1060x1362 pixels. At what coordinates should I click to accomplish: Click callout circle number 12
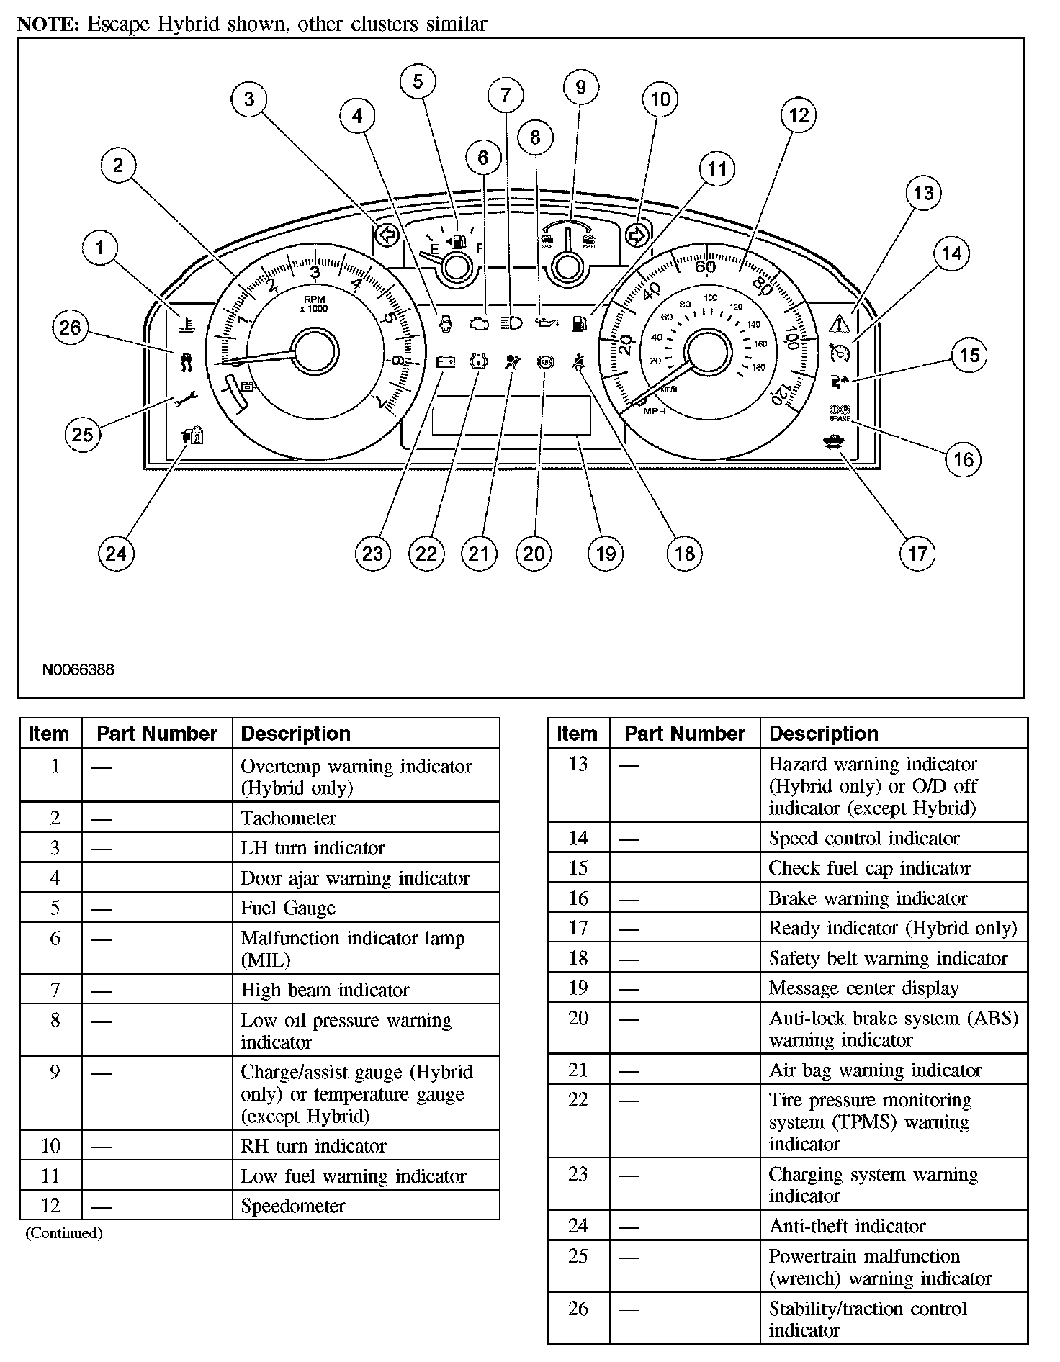click(799, 115)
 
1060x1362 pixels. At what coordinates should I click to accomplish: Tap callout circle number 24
click(115, 553)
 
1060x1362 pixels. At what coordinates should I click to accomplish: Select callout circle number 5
click(418, 81)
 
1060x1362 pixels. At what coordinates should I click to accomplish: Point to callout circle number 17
click(917, 553)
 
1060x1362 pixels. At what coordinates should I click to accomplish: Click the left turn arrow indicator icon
click(387, 235)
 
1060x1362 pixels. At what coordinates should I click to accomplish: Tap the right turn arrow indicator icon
click(637, 235)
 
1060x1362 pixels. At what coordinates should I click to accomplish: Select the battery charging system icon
click(446, 361)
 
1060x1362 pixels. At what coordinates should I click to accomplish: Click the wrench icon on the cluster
click(187, 398)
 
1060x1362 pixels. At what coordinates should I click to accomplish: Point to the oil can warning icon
click(546, 323)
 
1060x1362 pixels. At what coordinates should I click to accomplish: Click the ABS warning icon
click(546, 363)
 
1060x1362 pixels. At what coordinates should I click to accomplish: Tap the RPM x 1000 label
click(315, 303)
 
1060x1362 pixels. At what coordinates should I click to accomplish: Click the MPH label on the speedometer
click(654, 411)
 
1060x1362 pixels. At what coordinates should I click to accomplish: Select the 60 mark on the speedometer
click(705, 267)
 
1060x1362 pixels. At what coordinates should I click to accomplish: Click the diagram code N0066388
click(78, 669)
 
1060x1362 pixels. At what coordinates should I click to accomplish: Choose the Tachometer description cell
click(288, 818)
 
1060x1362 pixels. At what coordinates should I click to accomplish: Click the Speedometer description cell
click(293, 1206)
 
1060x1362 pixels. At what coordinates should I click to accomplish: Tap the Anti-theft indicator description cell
click(847, 1225)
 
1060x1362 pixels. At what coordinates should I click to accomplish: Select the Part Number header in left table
click(157, 734)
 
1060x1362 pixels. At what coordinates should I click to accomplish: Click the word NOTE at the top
click(48, 24)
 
